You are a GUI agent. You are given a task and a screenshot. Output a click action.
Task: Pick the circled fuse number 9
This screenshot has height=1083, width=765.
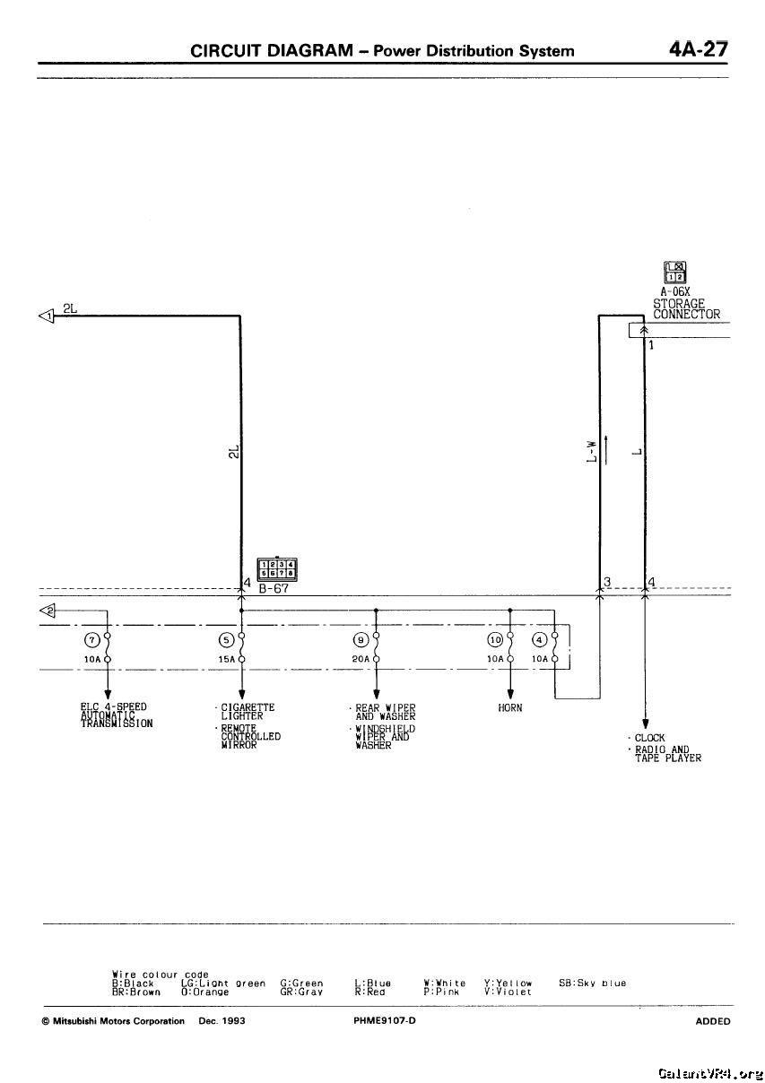360,640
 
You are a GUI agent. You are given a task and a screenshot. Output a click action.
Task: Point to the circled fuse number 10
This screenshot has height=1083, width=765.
494,640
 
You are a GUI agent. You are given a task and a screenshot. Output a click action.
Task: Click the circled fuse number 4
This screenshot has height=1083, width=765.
539,640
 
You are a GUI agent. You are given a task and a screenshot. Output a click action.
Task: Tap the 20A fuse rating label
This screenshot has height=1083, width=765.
361,659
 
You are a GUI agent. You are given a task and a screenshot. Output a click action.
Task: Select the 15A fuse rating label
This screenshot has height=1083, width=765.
226,659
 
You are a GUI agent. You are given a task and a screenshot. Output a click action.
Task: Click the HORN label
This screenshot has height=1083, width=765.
510,707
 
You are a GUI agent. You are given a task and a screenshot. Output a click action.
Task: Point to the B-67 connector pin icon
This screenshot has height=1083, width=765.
278,569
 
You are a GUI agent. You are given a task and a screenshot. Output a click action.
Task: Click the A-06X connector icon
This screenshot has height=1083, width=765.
674,272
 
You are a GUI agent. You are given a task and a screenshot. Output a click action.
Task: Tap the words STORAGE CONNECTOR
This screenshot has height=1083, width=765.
686,308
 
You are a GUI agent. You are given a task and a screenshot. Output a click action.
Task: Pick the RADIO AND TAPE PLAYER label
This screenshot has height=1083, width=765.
667,753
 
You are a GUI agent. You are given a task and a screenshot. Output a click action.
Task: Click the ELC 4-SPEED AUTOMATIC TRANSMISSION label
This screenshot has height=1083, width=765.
114,715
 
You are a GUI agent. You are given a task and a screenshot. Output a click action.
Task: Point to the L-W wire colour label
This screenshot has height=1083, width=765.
591,450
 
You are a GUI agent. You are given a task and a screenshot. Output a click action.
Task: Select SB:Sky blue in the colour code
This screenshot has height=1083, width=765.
592,983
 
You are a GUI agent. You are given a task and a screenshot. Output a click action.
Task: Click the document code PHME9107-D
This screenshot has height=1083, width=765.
385,1021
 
